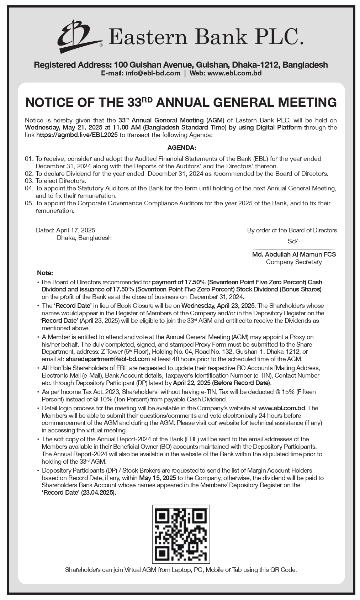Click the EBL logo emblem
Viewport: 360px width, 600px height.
(79, 36)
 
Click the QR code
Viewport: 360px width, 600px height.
(181, 534)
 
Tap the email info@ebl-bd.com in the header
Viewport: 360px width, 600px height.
(153, 73)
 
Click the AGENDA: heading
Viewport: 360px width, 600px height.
(182, 148)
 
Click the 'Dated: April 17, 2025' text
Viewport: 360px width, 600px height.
(65, 230)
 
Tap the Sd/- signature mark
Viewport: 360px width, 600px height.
(294, 241)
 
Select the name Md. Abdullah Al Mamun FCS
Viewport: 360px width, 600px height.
(294, 254)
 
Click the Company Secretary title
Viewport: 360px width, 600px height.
(294, 262)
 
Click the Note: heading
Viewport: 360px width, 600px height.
(45, 273)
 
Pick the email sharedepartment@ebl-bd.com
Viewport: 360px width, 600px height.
(108, 359)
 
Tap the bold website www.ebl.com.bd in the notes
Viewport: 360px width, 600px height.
(282, 408)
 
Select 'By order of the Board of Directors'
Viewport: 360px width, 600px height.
(292, 230)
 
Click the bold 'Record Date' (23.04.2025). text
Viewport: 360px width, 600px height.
(79, 493)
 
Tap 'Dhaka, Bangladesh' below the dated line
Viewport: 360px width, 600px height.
(84, 238)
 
